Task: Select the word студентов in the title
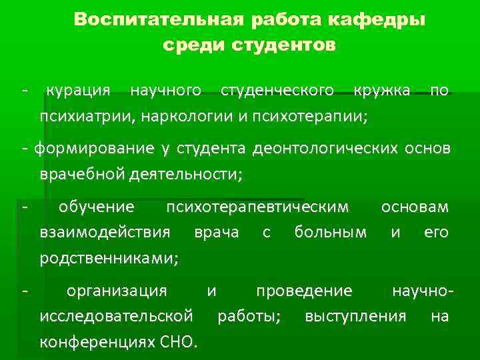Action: [x=285, y=45]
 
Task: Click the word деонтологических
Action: [x=324, y=147]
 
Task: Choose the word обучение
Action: [x=96, y=206]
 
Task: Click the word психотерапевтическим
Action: [x=257, y=206]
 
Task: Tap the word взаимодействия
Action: [x=105, y=232]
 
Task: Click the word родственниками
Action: [x=109, y=258]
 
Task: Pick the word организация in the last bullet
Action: [x=117, y=291]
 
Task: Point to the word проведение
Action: [x=304, y=291]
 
